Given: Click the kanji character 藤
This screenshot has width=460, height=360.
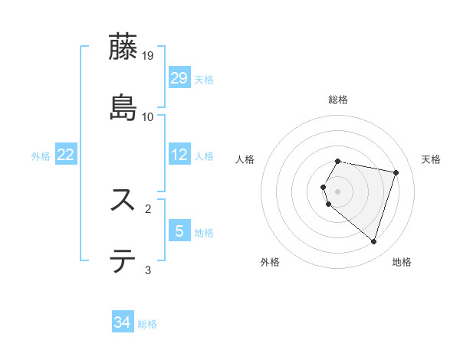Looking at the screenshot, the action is click(x=123, y=47).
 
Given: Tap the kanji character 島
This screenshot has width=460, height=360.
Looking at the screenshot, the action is click(x=123, y=106).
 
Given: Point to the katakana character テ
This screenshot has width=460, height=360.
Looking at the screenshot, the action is click(x=123, y=260).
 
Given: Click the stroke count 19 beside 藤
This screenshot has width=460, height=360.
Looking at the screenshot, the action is click(x=148, y=56).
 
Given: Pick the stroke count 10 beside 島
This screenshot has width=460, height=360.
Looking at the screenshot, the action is click(x=148, y=116).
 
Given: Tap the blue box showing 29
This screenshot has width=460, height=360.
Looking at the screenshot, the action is click(x=179, y=78).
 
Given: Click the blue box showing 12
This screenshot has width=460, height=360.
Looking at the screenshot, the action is click(x=179, y=155).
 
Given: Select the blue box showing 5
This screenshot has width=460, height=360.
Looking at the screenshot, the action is click(x=179, y=231).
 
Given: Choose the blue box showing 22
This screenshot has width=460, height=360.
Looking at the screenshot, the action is click(x=66, y=155).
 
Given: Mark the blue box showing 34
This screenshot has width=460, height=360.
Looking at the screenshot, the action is click(x=123, y=322).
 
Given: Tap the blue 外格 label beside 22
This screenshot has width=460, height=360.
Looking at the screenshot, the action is click(x=41, y=156).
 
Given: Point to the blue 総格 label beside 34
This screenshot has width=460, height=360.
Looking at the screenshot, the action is click(x=147, y=324).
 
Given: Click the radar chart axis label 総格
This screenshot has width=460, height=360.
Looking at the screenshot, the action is click(x=338, y=100).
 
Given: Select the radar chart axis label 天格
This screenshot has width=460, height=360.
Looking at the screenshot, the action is click(x=431, y=159).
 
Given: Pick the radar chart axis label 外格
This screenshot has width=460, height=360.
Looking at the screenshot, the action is click(x=270, y=262).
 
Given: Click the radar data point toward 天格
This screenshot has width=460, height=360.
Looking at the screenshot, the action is click(x=396, y=172).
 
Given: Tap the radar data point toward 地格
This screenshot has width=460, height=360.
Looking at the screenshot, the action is click(x=373, y=242).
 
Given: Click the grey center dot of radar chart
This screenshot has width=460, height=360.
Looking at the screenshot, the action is click(x=338, y=191).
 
